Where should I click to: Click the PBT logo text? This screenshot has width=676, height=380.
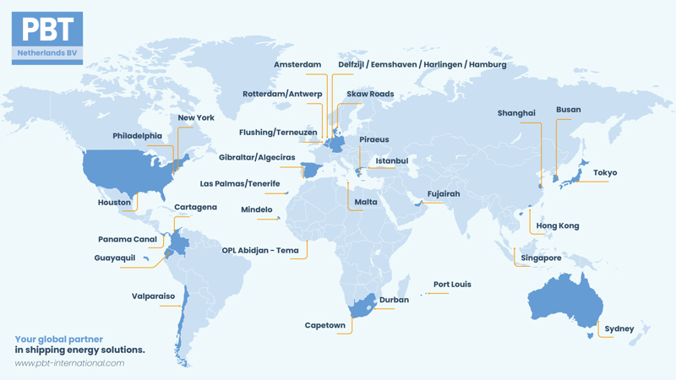pos(47,30)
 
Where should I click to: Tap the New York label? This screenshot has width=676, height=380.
pos(196,118)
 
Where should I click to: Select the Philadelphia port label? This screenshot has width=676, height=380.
pos(137,136)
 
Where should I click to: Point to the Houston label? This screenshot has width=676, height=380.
pos(114,203)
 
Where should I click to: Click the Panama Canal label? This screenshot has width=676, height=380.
pos(128,240)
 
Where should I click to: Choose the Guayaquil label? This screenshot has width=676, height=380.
pos(115,258)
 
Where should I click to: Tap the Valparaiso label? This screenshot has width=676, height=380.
pos(153,296)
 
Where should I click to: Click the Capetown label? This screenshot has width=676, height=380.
pos(325,325)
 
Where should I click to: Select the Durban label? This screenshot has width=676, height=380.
pos(394,300)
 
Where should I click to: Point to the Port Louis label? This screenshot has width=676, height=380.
pos(452,285)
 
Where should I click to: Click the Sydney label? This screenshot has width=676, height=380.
pos(619,328)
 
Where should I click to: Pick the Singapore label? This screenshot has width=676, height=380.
pos(541,258)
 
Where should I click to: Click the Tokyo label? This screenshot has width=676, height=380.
pos(605,173)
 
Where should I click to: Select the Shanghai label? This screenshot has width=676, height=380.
pos(516,113)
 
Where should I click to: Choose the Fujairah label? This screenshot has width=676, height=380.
pos(444,194)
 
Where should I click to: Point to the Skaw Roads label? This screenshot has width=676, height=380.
pos(370,94)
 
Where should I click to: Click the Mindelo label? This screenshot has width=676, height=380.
pos(257,209)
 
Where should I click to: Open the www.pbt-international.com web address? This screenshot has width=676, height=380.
pos(69,363)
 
